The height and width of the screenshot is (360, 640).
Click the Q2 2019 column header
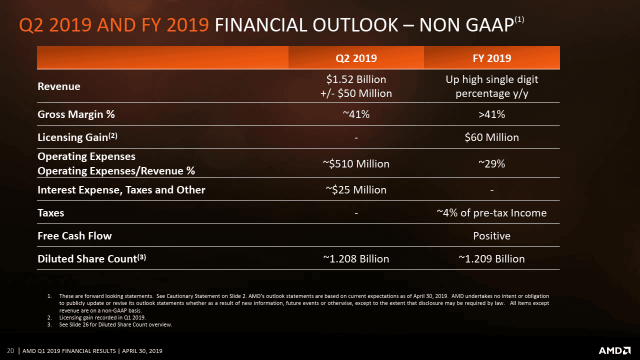pyautogui.click(x=356, y=58)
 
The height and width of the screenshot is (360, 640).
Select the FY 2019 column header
pyautogui.click(x=491, y=58)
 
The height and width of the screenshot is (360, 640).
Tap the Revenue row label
pyautogui.click(x=59, y=86)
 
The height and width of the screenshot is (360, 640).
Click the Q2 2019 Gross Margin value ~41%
pyautogui.click(x=356, y=114)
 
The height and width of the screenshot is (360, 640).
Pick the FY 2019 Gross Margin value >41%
pyautogui.click(x=491, y=114)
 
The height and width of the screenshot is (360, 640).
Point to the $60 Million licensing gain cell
pyautogui.click(x=491, y=137)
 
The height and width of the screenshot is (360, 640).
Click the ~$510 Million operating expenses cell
pyautogui.click(x=356, y=164)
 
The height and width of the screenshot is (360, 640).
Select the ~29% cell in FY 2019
pyautogui.click(x=491, y=164)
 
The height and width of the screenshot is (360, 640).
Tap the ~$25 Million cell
pyautogui.click(x=356, y=190)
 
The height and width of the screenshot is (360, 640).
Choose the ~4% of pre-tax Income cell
pyautogui.click(x=491, y=213)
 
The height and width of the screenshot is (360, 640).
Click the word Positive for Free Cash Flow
pyautogui.click(x=491, y=236)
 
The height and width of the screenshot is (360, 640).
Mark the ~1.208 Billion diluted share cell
pyautogui.click(x=356, y=259)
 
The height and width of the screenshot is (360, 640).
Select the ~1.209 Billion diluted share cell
pyautogui.click(x=491, y=259)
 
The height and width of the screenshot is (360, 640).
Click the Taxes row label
pyautogui.click(x=51, y=213)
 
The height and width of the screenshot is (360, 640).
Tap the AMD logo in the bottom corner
pyautogui.click(x=614, y=350)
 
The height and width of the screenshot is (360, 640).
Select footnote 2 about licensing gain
pyautogui.click(x=102, y=317)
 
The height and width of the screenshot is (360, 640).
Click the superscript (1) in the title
pyautogui.click(x=519, y=19)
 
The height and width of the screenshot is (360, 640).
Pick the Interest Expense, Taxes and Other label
pyautogui.click(x=121, y=190)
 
